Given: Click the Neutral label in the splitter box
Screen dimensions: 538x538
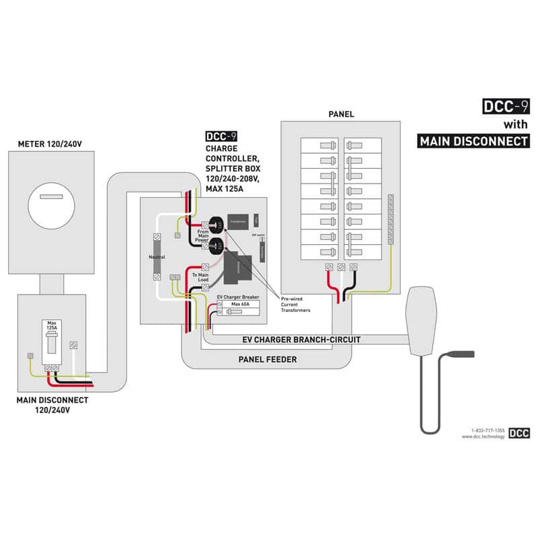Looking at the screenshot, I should [156, 257].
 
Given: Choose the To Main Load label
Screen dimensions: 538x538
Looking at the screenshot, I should [200, 278].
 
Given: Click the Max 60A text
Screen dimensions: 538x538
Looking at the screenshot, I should [240, 304].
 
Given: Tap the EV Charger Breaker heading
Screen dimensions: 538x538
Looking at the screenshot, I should [239, 297].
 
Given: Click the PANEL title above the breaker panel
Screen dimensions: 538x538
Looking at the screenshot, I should [341, 114].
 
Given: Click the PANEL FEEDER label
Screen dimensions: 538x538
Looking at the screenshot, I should [268, 359].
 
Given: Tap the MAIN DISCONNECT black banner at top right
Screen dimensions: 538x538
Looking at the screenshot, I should [473, 141].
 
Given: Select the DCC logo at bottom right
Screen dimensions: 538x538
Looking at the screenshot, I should [518, 433].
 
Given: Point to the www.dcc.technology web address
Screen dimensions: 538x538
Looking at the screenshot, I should [483, 436].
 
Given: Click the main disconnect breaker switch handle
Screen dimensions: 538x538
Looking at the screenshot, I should [52, 343].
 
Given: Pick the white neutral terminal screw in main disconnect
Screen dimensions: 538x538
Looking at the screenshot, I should [75, 345].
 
